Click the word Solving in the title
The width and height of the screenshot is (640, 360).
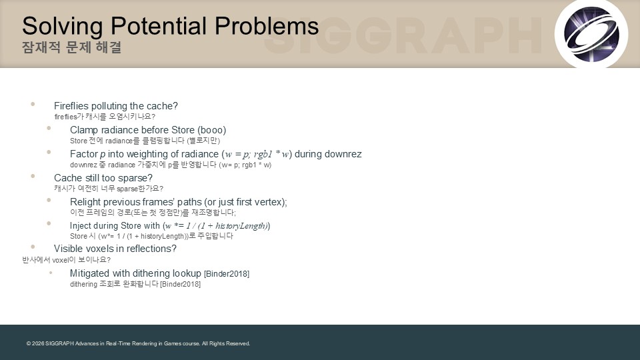[x=62, y=27]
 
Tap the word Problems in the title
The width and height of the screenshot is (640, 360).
[x=267, y=26]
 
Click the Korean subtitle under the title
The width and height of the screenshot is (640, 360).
[x=72, y=47]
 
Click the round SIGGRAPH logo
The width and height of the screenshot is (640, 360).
[x=591, y=33]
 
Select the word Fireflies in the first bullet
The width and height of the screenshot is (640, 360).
[x=71, y=106]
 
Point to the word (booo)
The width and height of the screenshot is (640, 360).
[x=211, y=130]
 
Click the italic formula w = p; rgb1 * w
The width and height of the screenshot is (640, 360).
[x=257, y=154]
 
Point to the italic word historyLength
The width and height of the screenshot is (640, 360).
[x=241, y=226]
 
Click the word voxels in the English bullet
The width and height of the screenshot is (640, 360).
[x=98, y=249]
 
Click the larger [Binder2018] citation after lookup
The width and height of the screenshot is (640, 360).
[x=227, y=274]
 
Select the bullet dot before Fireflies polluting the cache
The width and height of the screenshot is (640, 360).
[x=33, y=104]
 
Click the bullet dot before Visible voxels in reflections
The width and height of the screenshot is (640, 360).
[x=33, y=247]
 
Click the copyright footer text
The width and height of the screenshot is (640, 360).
[x=139, y=344]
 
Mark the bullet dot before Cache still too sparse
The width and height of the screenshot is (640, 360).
[x=33, y=176]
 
